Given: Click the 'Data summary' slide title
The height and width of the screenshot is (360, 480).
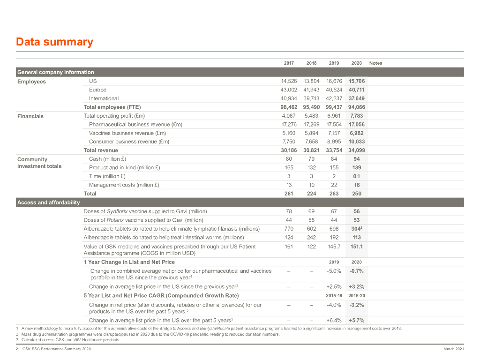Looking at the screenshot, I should point(54,42).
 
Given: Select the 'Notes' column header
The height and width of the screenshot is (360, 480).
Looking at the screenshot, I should point(375,63).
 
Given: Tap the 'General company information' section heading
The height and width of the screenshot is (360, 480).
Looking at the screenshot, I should point(55,72).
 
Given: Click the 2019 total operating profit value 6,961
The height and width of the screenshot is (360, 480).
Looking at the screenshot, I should point(334,116).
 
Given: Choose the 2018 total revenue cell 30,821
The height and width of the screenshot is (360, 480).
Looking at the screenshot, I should point(311,150).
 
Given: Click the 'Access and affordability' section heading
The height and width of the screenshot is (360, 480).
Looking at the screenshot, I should point(48,202).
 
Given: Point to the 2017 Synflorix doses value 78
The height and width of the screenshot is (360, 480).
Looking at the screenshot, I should point(289,211).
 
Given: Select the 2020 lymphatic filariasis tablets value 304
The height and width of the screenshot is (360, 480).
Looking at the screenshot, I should point(356,229).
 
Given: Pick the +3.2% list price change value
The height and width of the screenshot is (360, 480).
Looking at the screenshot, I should point(357,287).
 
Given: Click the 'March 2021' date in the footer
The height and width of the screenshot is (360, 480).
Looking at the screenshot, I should point(453,350).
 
